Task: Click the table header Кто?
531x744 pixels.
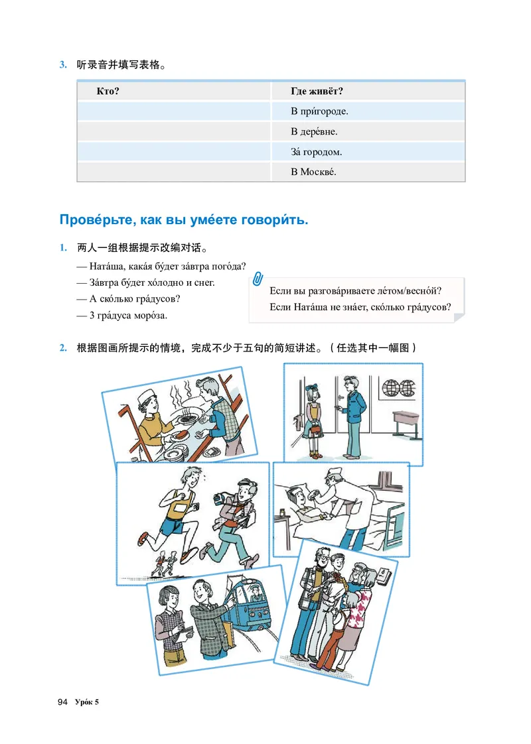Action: tap(108, 91)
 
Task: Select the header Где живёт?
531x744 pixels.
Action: tap(317, 91)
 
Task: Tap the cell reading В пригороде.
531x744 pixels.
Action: tap(319, 111)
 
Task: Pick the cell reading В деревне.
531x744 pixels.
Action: tap(314, 132)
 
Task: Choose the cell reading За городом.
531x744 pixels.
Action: tap(317, 153)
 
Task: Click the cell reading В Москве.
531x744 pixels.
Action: tap(313, 172)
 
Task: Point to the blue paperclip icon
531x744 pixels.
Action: tap(258, 279)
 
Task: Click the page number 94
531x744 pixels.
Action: tap(62, 702)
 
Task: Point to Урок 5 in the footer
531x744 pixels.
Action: tap(87, 702)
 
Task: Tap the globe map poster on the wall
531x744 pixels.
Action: tap(398, 388)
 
